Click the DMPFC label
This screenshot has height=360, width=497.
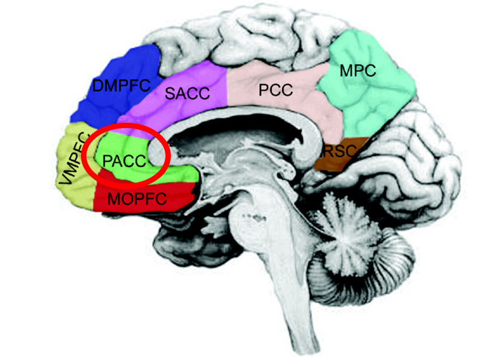121,85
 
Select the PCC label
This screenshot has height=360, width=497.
275,91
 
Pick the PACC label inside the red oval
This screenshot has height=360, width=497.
124,161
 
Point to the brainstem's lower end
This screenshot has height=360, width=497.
298,344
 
